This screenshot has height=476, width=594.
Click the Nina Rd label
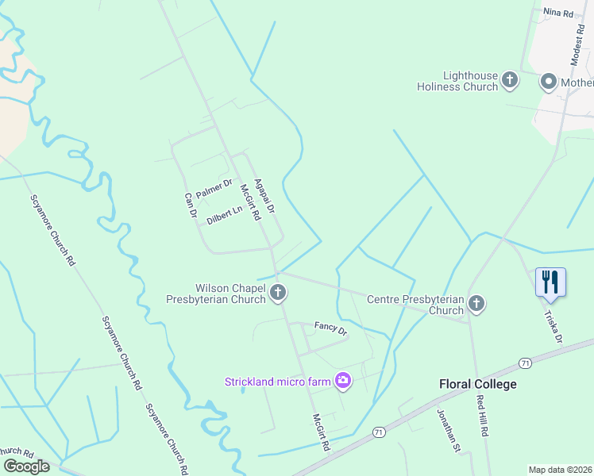(x=557, y=13)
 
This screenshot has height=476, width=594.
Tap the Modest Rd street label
(x=577, y=44)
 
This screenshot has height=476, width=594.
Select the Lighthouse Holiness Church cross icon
(x=510, y=79)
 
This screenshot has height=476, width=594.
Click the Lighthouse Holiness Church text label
(x=457, y=81)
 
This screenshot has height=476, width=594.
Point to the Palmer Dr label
(x=214, y=189)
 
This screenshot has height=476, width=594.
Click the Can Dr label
(x=191, y=205)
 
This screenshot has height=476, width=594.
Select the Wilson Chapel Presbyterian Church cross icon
(x=278, y=293)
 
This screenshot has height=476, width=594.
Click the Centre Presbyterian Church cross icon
(x=476, y=303)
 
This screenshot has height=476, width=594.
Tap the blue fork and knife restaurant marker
(x=550, y=282)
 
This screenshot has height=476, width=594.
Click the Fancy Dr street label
(x=330, y=327)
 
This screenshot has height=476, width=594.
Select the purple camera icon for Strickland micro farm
(x=343, y=382)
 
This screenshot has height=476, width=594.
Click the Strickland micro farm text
(x=277, y=382)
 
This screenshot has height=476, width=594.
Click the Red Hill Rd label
(x=481, y=416)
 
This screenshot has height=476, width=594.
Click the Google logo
(x=26, y=466)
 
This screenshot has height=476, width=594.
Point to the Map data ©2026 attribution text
(x=560, y=469)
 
